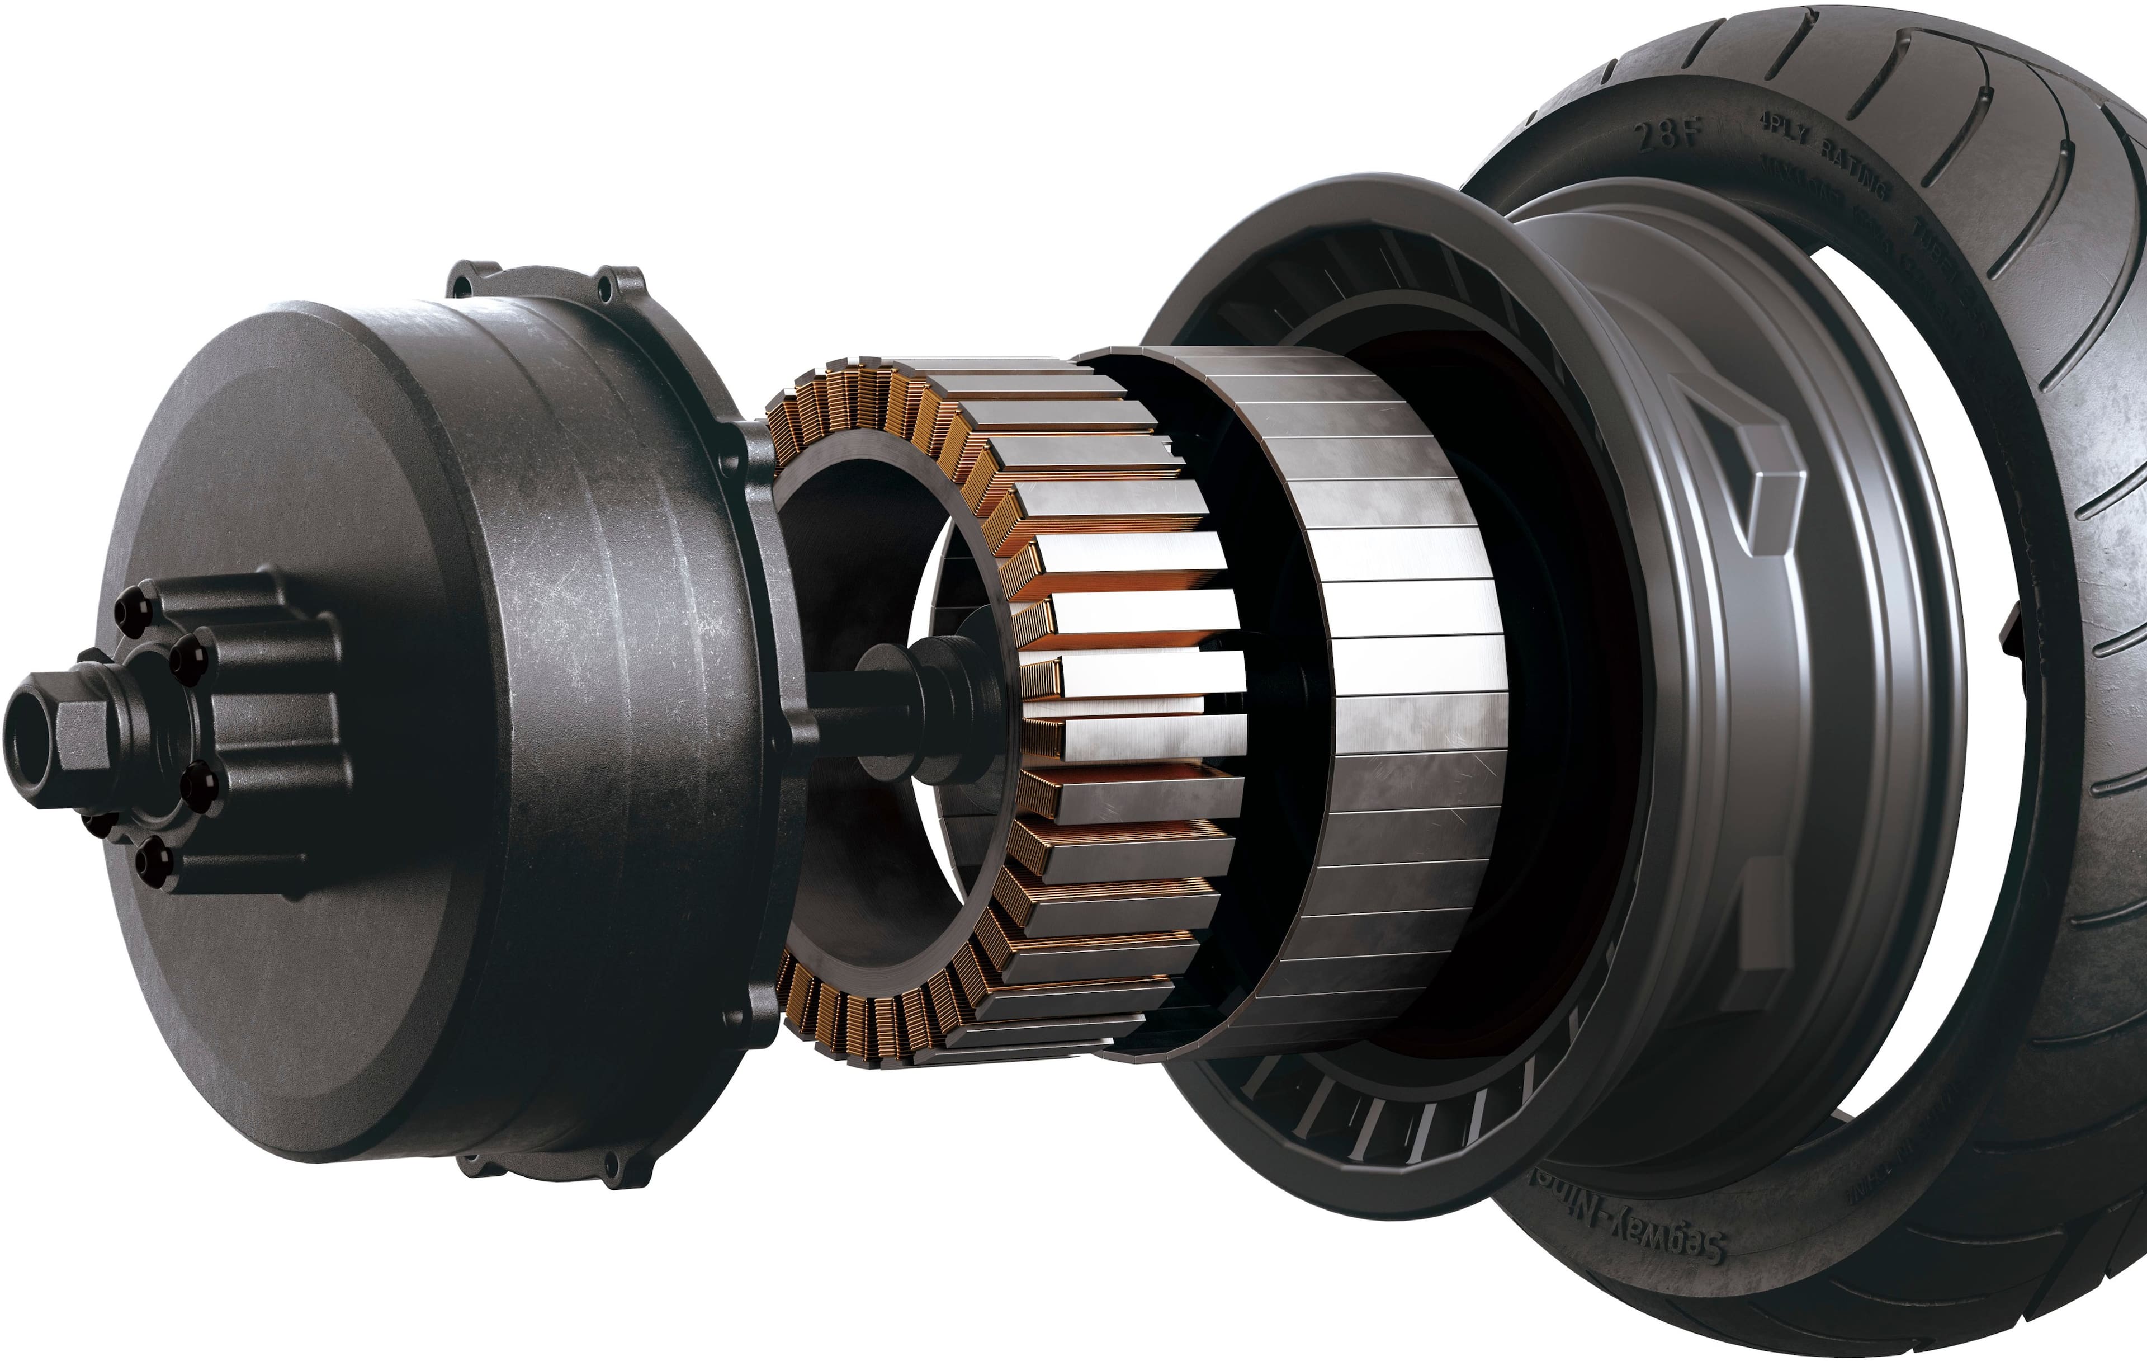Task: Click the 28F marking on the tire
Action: (x=1669, y=135)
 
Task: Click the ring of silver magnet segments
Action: (x=1391, y=696)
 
